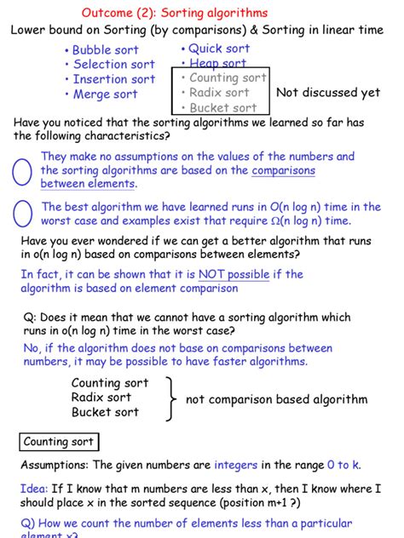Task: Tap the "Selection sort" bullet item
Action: click(113, 65)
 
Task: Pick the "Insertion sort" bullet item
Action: click(113, 79)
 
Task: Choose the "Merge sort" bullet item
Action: click(104, 94)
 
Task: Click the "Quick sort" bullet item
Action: click(219, 49)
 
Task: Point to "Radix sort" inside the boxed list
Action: click(219, 92)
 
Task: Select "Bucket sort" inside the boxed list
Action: click(222, 107)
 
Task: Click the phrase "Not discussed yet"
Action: click(328, 93)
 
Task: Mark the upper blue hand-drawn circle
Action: click(22, 170)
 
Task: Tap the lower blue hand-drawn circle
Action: click(22, 214)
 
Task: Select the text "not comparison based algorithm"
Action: click(276, 399)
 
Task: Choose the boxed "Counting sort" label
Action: click(58, 442)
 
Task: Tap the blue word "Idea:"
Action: click(34, 489)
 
